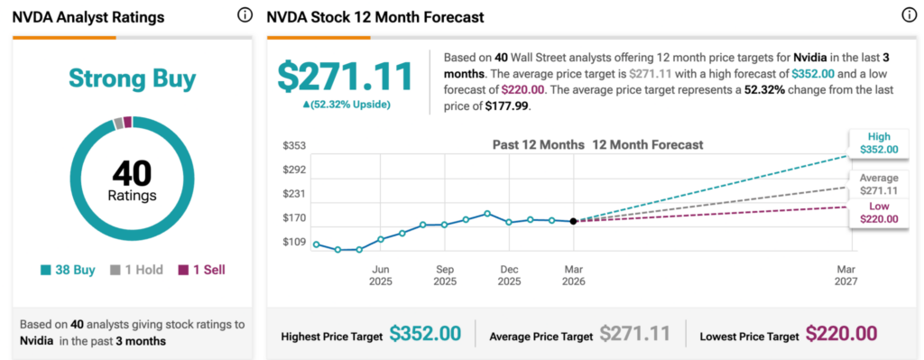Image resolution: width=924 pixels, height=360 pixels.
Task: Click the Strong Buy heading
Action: click(132, 79)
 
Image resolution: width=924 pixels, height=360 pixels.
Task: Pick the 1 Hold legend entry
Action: click(134, 270)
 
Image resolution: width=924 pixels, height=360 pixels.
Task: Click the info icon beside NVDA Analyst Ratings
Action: click(245, 15)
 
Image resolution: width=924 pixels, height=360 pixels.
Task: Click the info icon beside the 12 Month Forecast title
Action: click(909, 15)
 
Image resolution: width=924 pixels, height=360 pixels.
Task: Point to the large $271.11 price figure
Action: click(345, 77)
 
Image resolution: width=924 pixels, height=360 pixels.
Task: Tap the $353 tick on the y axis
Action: click(293, 145)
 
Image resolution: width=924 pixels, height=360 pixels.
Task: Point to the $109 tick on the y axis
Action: click(293, 243)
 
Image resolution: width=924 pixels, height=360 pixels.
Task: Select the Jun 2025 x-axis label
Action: click(381, 275)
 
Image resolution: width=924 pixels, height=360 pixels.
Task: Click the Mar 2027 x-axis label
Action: click(845, 275)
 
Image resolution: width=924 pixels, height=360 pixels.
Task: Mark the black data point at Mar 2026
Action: click(574, 221)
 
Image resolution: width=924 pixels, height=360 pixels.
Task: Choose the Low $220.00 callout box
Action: click(878, 212)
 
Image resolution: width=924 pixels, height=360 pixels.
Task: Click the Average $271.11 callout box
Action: click(878, 185)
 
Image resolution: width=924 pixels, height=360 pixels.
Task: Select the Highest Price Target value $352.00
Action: click(425, 335)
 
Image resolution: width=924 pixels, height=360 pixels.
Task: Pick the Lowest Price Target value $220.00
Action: click(841, 335)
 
